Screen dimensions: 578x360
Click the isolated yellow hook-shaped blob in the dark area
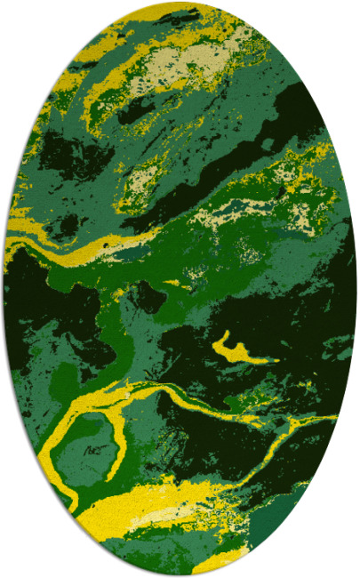(x=233, y=349)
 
